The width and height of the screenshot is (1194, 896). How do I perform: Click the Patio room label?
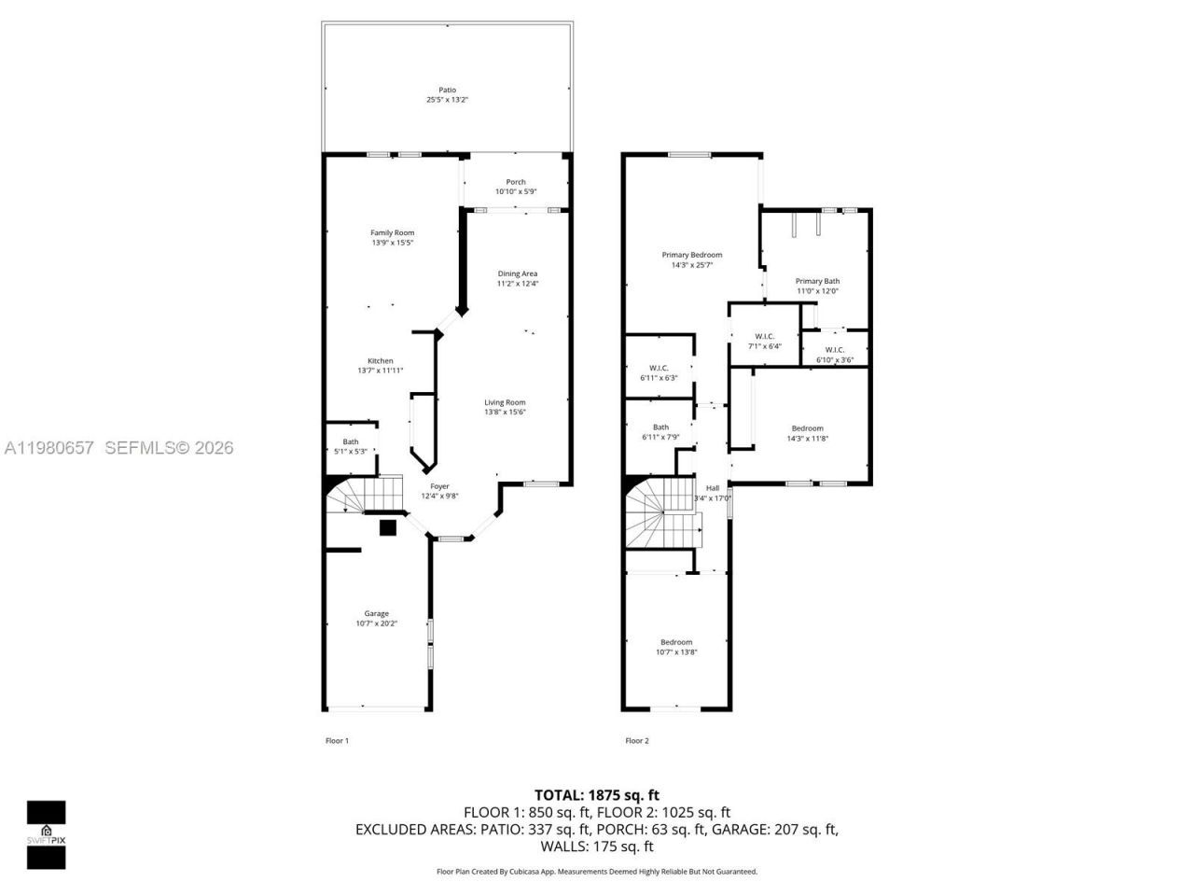point(448,91)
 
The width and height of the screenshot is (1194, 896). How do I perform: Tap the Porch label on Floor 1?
point(516,182)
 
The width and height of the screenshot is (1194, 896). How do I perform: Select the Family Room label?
point(392,232)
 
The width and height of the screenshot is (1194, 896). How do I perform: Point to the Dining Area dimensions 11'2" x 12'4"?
point(517,284)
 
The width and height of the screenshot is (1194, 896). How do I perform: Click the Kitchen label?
point(380,361)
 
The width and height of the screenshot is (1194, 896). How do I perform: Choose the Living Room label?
point(505,402)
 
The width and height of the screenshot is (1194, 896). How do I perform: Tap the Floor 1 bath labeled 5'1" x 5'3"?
point(351,446)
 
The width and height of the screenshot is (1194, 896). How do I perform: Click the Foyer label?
point(439,486)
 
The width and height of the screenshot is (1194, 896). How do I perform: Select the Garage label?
point(377,613)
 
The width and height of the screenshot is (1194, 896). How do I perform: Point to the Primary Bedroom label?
point(692,255)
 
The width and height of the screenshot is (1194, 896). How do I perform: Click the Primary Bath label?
point(817,281)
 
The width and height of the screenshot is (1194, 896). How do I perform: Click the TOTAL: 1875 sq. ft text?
point(596,795)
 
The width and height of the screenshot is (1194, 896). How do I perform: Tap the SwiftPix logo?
point(46,833)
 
